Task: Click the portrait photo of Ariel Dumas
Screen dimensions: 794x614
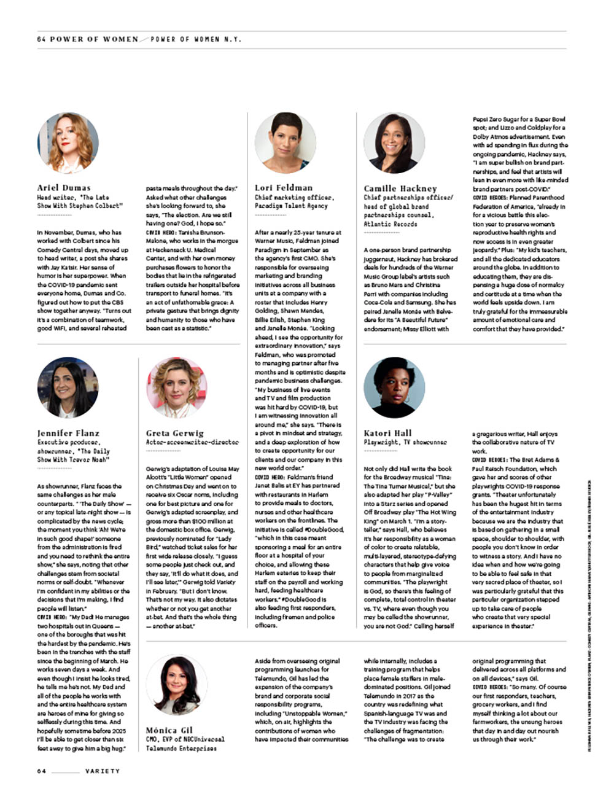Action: click(68, 142)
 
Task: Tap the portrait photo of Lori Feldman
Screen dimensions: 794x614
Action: click(285, 142)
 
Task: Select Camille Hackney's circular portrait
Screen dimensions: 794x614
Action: click(394, 143)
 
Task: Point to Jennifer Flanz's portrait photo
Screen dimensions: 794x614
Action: click(68, 387)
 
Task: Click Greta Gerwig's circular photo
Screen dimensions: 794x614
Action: click(176, 387)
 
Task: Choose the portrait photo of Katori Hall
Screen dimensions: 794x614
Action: click(394, 387)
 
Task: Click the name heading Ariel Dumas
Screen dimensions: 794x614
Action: click(64, 188)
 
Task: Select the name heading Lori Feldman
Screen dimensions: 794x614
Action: click(284, 188)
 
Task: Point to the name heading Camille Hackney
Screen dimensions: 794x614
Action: click(400, 189)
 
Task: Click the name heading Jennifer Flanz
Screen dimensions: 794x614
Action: click(68, 433)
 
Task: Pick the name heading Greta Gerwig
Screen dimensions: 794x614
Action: click(175, 433)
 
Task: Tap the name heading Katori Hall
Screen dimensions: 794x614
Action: click(388, 433)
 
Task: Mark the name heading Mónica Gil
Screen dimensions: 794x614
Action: click(169, 731)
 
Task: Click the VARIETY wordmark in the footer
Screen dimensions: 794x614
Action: click(103, 771)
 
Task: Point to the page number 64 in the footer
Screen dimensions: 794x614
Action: click(41, 771)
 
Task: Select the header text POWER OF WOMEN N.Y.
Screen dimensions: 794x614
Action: click(196, 39)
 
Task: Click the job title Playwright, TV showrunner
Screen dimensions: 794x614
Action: click(405, 442)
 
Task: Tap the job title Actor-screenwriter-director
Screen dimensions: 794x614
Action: click(192, 442)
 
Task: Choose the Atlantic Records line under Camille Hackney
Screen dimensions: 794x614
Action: click(391, 224)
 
